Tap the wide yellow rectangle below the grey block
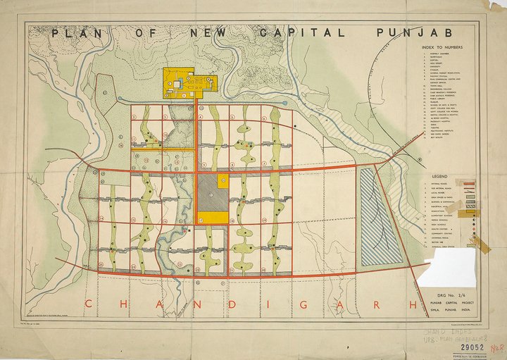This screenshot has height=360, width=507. click(213, 218)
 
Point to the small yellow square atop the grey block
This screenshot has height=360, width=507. click(223, 180)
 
